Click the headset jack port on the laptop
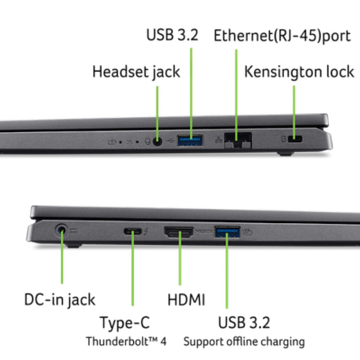pyautogui.click(x=157, y=141)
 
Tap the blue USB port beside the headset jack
pyautogui.click(x=190, y=140)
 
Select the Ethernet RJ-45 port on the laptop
pyautogui.click(x=238, y=140)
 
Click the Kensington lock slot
pyautogui.click(x=295, y=139)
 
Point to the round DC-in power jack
pyautogui.click(x=61, y=230)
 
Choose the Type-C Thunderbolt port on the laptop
pyautogui.click(x=133, y=231)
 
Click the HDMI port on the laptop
pyautogui.click(x=179, y=232)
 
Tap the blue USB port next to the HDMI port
pyautogui.click(x=227, y=232)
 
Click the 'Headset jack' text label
pyautogui.click(x=136, y=72)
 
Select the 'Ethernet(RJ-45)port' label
pyautogui.click(x=282, y=36)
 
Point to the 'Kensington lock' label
pyautogui.click(x=299, y=72)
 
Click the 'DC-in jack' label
pyautogui.click(x=60, y=300)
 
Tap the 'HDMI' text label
pyautogui.click(x=186, y=300)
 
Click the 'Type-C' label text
pyautogui.click(x=125, y=323)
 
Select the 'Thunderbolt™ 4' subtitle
pyautogui.click(x=126, y=341)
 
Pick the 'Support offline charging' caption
pyautogui.click(x=244, y=342)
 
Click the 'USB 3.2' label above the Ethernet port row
pyautogui.click(x=172, y=35)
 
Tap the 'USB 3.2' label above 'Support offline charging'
pyautogui.click(x=244, y=323)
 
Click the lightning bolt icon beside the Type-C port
pyautogui.click(x=146, y=232)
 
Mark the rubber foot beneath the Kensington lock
pyautogui.click(x=285, y=153)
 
